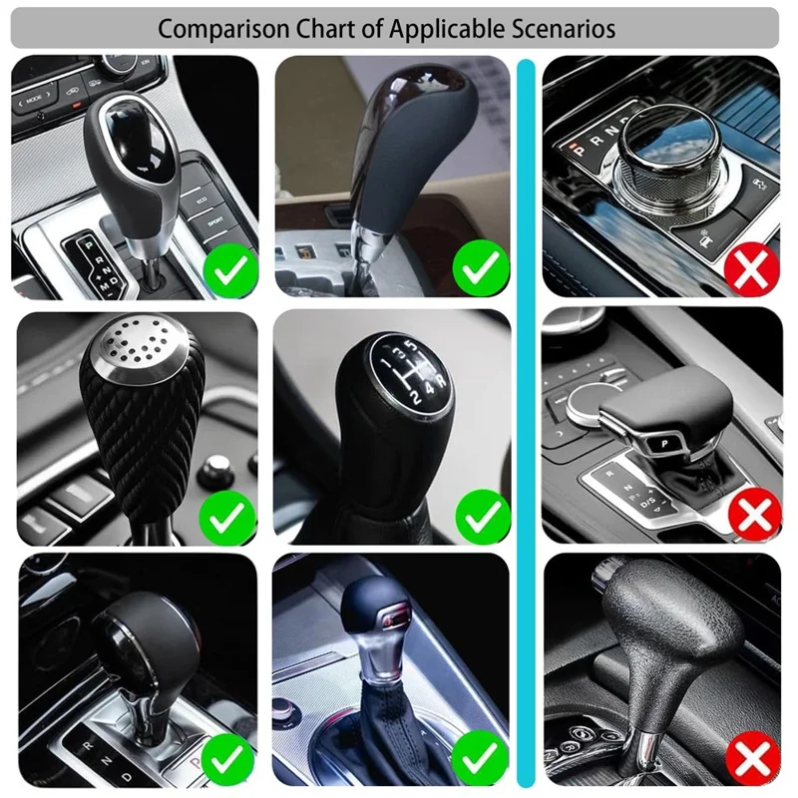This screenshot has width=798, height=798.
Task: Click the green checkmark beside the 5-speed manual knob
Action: click(x=483, y=516)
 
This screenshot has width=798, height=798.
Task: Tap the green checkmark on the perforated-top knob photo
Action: click(x=228, y=516)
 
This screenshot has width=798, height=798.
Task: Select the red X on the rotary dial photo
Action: click(x=751, y=266)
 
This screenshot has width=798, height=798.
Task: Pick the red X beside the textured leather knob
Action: click(x=752, y=760)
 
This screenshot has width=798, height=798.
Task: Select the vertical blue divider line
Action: click(x=526, y=419)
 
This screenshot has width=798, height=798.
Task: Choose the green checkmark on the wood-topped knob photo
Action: click(x=482, y=266)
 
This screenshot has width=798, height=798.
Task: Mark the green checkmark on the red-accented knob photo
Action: click(x=482, y=758)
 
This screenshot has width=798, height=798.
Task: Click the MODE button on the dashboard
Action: click(x=34, y=100)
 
